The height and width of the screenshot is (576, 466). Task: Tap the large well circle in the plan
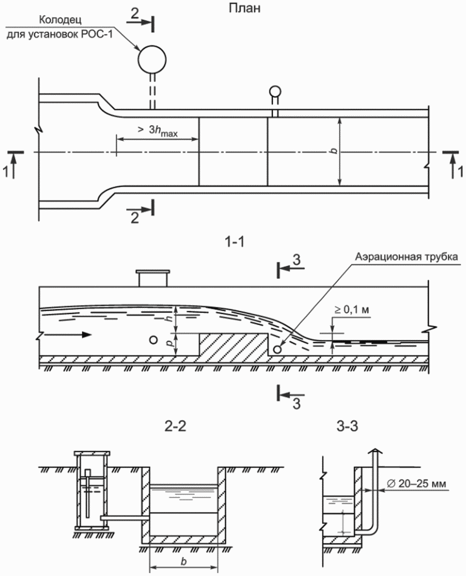point(150,60)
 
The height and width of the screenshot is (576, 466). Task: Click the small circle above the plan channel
point(275,92)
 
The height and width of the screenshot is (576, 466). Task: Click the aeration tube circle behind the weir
point(278,349)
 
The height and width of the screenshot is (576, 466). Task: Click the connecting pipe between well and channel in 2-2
point(121,517)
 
